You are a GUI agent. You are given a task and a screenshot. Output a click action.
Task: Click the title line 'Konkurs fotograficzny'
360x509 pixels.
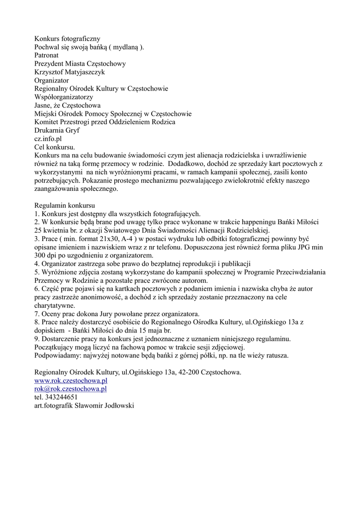[x=67, y=38]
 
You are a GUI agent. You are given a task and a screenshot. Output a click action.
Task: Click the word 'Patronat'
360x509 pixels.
[x=48, y=55]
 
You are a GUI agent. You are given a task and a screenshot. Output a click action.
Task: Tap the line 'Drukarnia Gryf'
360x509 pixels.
[x=57, y=130]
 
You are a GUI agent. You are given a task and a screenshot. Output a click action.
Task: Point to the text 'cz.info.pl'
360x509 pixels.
[x=48, y=139]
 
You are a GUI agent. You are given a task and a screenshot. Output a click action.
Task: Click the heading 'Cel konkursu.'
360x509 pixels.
[x=55, y=147]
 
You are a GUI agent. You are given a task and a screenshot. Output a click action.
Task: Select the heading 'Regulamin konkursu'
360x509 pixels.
[x=65, y=205]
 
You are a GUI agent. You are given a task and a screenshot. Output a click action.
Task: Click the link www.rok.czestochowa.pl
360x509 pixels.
[x=71, y=380]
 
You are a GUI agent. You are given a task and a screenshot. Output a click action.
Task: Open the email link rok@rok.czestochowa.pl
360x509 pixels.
[x=71, y=389]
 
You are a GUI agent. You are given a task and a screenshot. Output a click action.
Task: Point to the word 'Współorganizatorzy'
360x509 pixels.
[x=64, y=97]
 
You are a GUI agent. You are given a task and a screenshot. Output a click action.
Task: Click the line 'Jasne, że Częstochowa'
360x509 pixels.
[x=67, y=105]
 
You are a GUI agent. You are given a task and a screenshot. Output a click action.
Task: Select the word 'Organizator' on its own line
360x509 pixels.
[x=52, y=80]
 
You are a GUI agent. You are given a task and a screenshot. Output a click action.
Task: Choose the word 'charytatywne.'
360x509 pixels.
[x=55, y=305]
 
